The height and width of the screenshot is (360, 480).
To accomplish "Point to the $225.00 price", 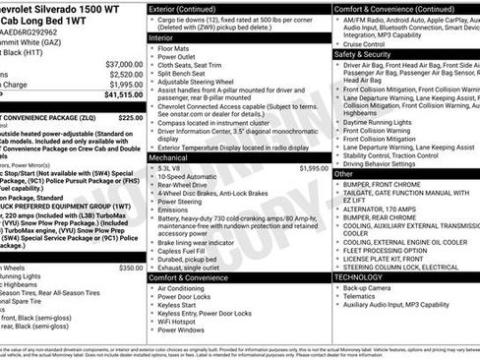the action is [131, 116].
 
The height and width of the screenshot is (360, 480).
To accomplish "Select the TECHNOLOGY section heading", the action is [358, 277].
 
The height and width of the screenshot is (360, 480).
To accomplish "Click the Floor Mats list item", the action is [174, 47].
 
